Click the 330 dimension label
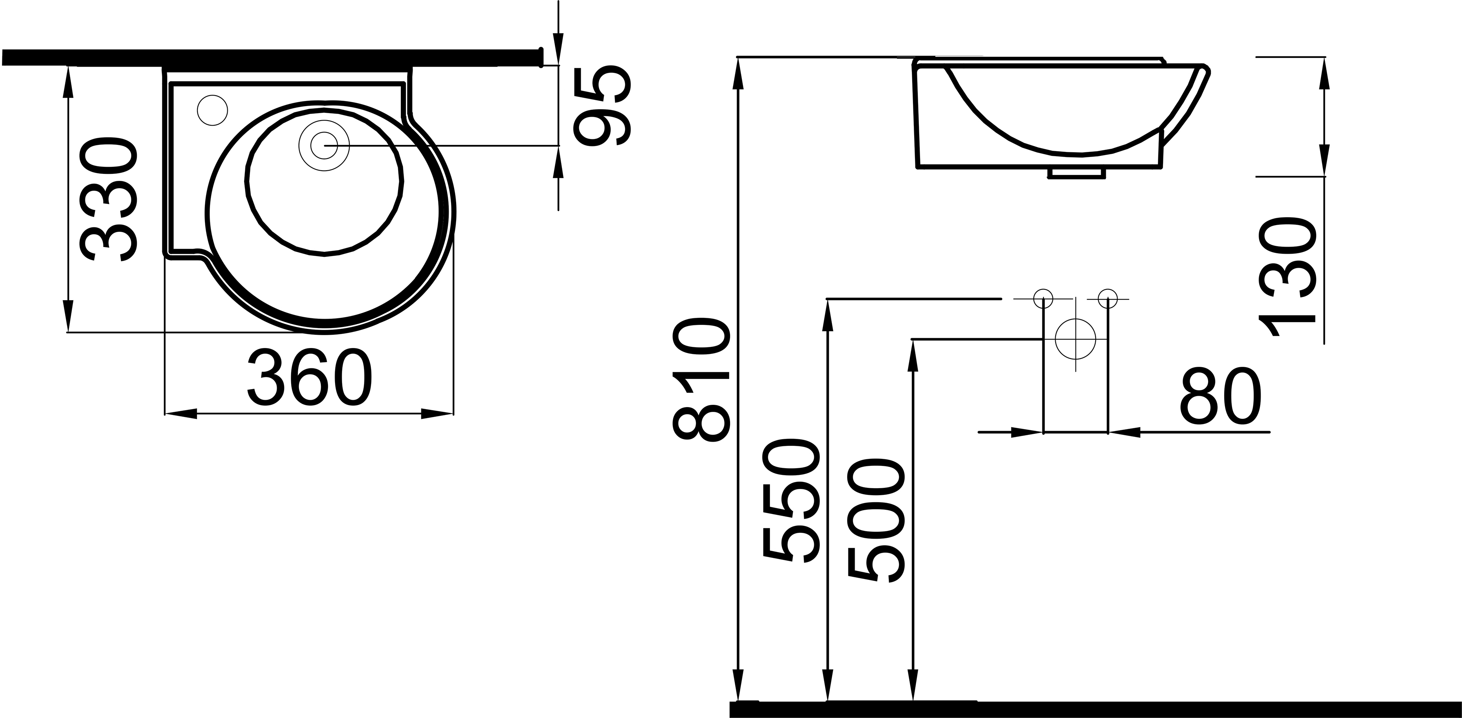pyautogui.click(x=110, y=200)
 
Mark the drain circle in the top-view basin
pyautogui.click(x=324, y=146)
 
